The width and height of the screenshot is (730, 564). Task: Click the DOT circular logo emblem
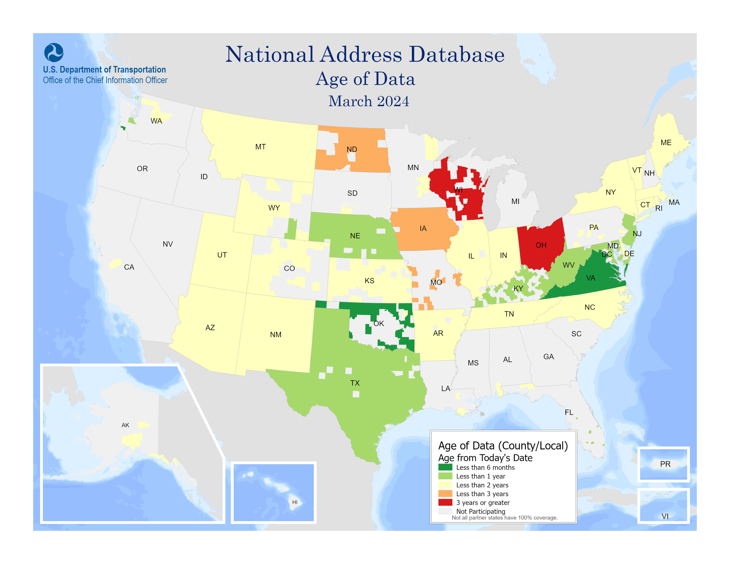(x=54, y=52)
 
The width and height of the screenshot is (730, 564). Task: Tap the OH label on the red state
(x=541, y=245)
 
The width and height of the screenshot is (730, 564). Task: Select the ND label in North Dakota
(x=352, y=149)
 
